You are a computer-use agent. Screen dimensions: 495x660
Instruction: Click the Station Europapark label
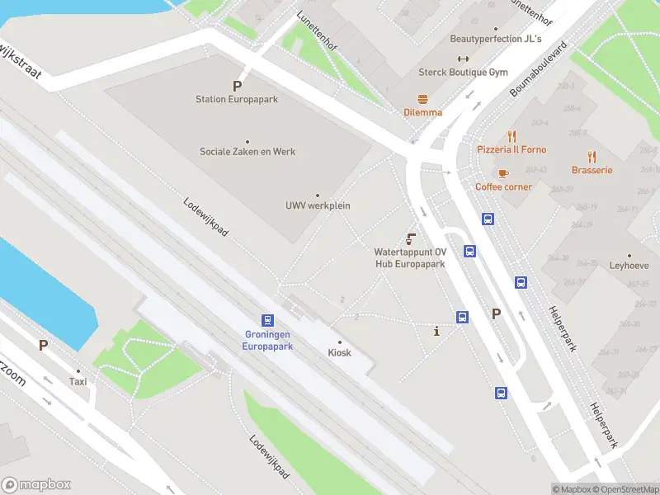(x=236, y=99)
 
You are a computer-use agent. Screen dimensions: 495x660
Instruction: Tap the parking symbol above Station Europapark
(x=237, y=86)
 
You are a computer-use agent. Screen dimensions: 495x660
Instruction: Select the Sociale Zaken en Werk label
(x=247, y=152)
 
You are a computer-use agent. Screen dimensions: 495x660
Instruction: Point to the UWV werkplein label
(x=318, y=205)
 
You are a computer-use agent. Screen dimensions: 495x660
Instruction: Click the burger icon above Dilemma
(x=422, y=98)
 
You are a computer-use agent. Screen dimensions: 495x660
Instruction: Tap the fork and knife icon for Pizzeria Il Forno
(x=511, y=136)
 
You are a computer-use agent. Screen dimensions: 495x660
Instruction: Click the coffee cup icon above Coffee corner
(x=502, y=173)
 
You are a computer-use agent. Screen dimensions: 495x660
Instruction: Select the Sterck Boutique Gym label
(x=463, y=73)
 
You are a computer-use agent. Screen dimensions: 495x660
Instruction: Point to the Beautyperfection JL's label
(x=496, y=39)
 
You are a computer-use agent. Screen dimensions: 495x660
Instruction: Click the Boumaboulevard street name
(x=540, y=68)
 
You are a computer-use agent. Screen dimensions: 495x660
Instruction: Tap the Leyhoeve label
(x=629, y=266)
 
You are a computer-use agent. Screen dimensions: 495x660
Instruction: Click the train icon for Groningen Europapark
(x=267, y=320)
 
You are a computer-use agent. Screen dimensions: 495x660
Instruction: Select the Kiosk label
(x=339, y=352)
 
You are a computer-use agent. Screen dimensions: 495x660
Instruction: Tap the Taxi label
(x=78, y=382)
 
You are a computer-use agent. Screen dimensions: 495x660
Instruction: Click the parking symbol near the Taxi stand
(x=43, y=345)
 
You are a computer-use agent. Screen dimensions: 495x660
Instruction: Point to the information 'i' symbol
(x=436, y=331)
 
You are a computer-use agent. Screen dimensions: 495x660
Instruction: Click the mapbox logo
(x=36, y=485)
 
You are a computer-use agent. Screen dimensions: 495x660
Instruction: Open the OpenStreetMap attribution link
(x=625, y=489)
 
